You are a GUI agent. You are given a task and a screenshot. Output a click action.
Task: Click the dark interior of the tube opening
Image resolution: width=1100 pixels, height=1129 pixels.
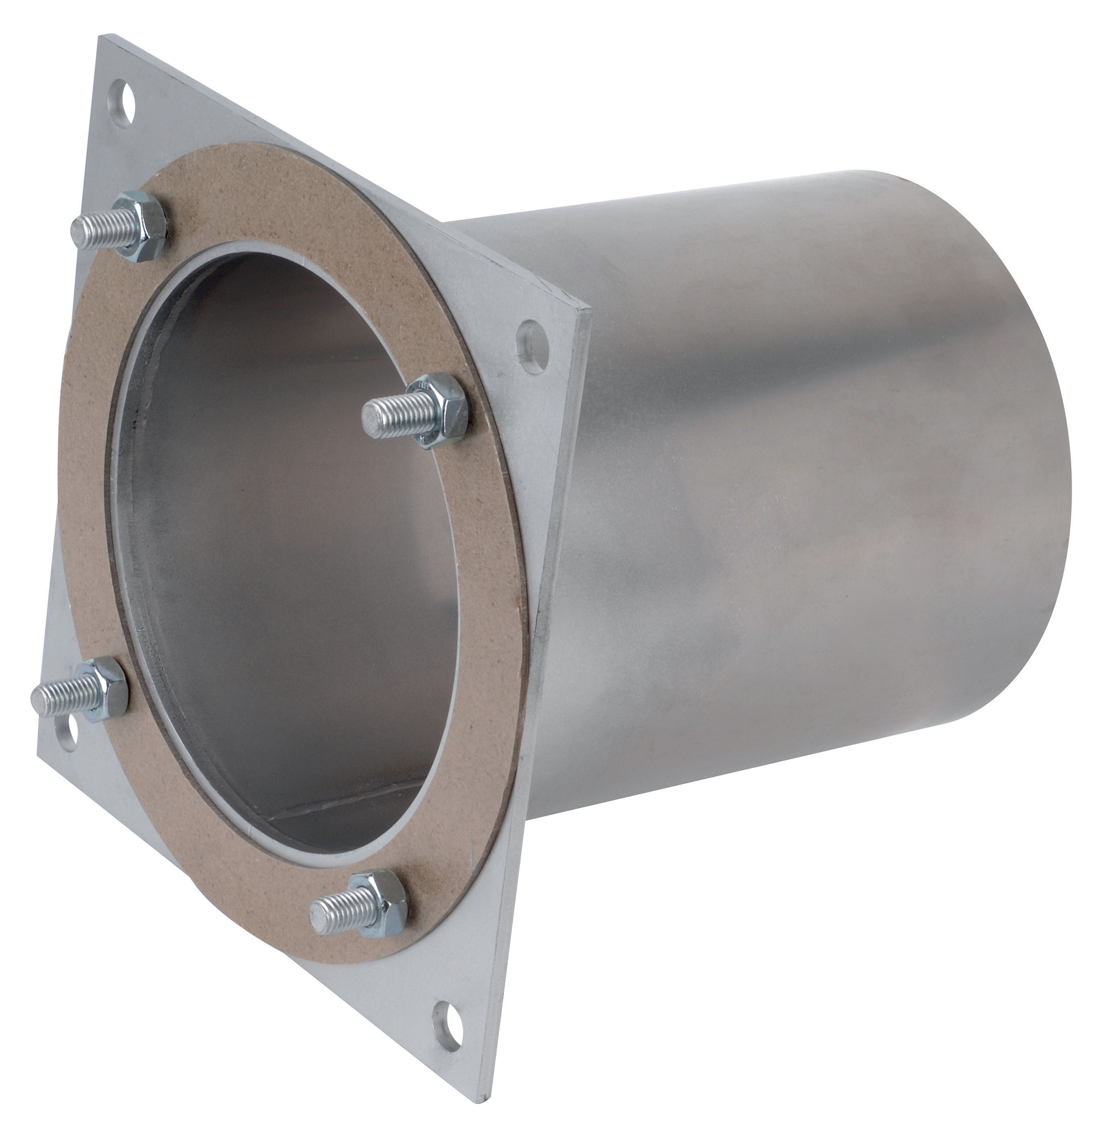(277, 520)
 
